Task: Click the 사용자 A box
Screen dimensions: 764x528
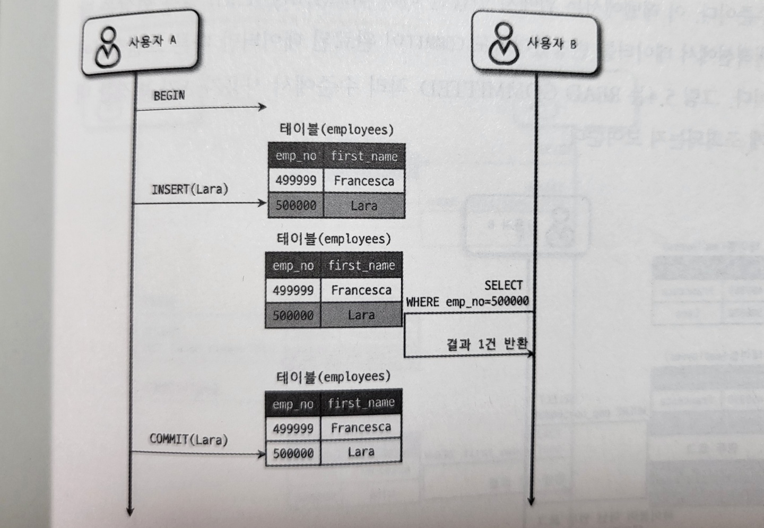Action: (141, 42)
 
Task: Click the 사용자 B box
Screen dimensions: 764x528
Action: (536, 43)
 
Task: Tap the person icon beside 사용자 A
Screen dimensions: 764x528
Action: (108, 47)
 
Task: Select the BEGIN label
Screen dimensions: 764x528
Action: (169, 96)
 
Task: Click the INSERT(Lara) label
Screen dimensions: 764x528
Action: (189, 189)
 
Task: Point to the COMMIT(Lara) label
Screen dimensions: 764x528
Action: (188, 439)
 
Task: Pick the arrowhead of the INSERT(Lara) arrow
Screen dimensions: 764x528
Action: (262, 203)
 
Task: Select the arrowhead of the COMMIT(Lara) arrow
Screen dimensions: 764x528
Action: (261, 454)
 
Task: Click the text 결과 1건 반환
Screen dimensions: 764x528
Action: (487, 344)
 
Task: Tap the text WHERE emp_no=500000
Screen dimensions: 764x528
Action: (467, 302)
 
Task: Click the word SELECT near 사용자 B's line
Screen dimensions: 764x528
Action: (503, 285)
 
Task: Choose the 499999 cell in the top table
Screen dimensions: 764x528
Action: (296, 180)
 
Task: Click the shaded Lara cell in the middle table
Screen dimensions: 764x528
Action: (361, 315)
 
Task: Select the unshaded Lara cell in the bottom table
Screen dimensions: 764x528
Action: (361, 452)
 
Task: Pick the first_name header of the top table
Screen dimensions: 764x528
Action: (364, 156)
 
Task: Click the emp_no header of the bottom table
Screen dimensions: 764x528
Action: (292, 404)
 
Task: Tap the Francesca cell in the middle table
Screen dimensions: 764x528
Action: (361, 290)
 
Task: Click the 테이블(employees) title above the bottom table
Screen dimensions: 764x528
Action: (333, 377)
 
